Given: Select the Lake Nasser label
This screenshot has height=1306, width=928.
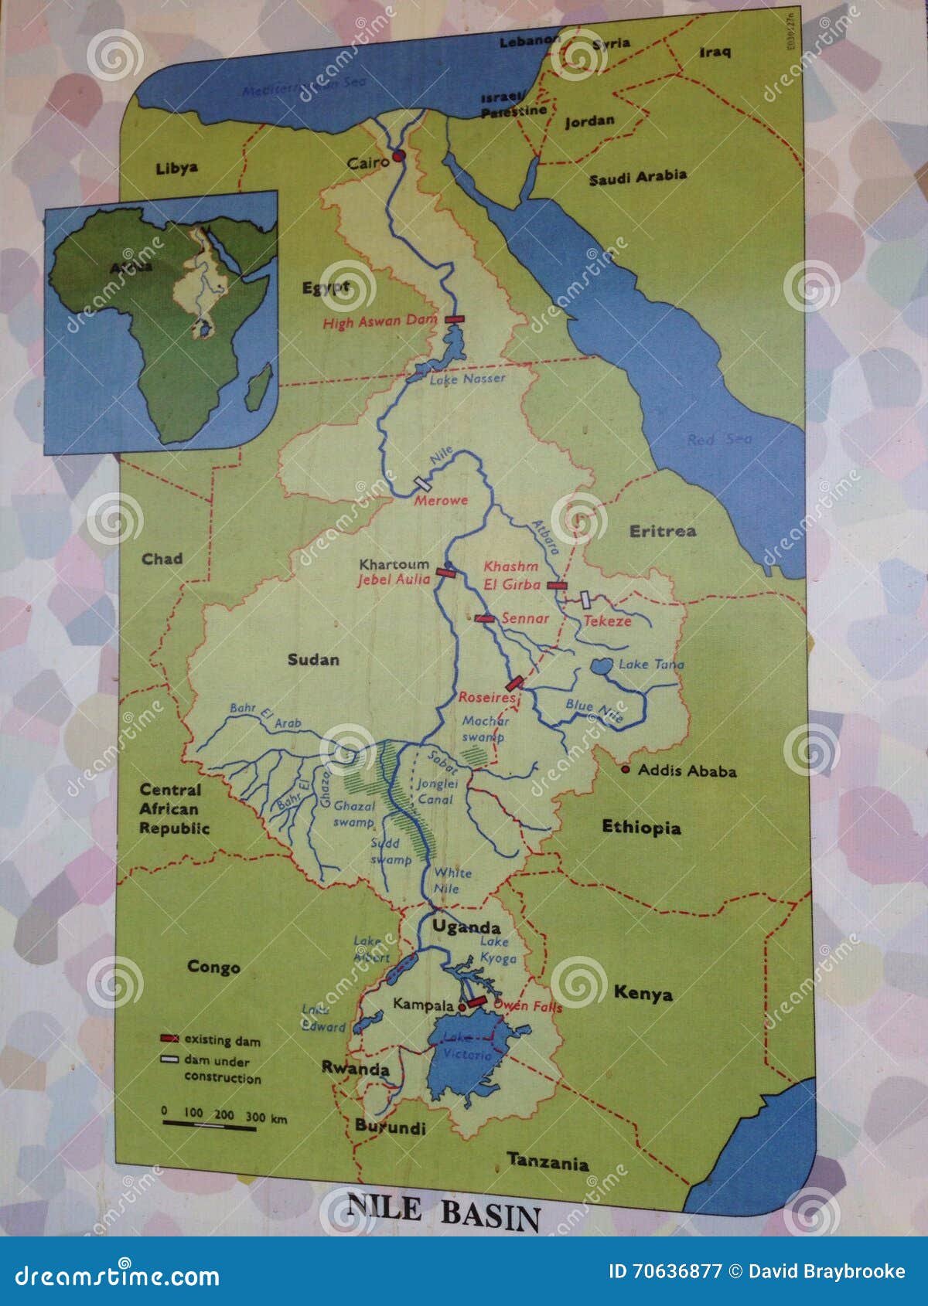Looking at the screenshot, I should click(467, 379).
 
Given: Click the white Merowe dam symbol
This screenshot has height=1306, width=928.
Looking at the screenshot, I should click(423, 482).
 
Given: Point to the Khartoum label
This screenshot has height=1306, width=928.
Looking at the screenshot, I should click(394, 564).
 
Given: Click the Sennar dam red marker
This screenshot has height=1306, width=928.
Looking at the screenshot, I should click(485, 618).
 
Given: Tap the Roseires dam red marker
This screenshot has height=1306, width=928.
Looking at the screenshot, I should click(515, 683).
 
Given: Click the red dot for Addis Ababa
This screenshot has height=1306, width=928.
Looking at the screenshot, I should click(626, 770).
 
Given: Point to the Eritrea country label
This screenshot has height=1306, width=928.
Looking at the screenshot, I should click(662, 531).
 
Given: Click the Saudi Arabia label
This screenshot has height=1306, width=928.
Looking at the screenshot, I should click(637, 177).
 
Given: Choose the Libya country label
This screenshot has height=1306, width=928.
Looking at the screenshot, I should click(176, 168).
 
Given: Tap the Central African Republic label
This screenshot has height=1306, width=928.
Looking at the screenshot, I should click(174, 809).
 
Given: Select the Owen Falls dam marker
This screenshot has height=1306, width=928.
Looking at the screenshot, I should click(476, 1002).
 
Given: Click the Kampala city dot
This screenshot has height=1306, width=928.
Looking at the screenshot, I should click(462, 1008).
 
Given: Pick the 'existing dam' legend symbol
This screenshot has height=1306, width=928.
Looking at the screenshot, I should click(169, 1039).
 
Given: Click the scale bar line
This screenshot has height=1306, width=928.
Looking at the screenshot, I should click(209, 1127).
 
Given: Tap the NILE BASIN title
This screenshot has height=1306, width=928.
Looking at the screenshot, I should click(443, 1212).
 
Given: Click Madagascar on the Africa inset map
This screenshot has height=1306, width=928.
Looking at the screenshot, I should click(259, 387).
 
